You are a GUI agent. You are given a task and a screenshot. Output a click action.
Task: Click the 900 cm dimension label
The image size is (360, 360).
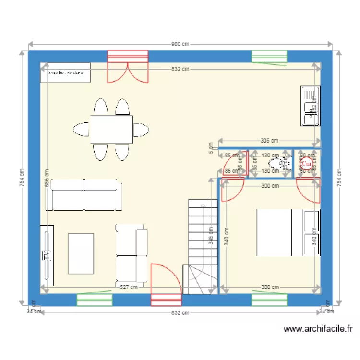tap(180, 44)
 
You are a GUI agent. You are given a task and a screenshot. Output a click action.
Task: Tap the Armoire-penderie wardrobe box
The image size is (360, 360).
tap(65, 73)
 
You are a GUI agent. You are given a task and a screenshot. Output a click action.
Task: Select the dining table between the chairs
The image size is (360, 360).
tap(111, 129)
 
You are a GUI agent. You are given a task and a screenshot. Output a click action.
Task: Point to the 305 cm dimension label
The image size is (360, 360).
tap(269, 141)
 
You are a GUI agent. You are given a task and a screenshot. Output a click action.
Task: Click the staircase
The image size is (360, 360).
tap(200, 245)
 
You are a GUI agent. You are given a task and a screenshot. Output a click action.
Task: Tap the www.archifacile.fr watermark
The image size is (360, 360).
tap(318, 329)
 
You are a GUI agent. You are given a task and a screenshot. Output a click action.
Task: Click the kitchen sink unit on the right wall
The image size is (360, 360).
tap(310, 106)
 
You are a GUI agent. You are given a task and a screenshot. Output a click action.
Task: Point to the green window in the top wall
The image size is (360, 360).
tap(269, 57)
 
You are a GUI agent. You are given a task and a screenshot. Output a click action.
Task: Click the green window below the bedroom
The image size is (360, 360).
tap(269, 300)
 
